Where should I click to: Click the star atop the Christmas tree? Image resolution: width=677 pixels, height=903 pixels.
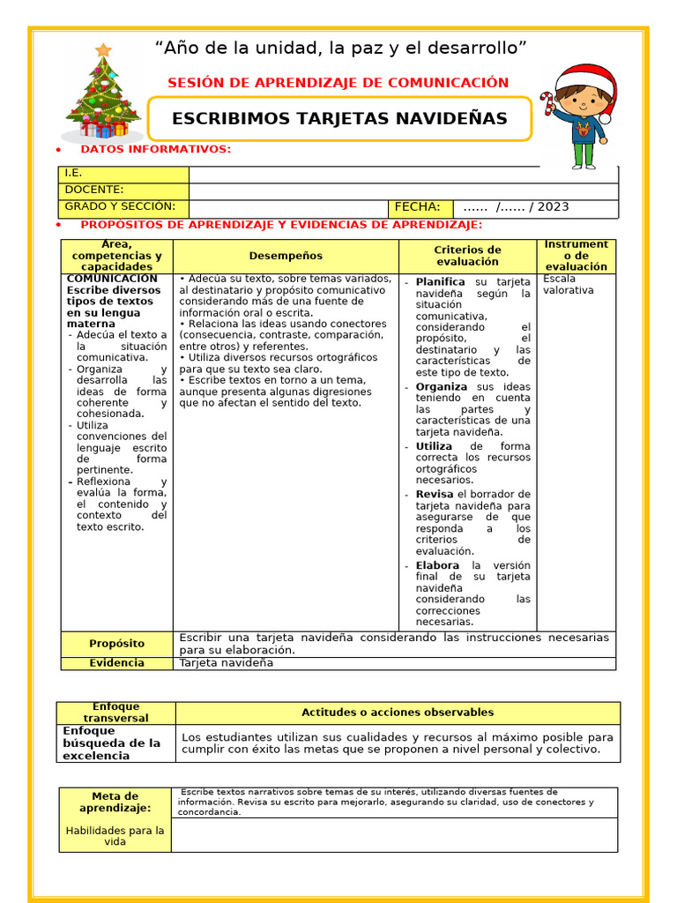click(104, 50)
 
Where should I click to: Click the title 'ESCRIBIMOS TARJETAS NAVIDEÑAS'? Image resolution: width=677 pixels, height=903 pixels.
click(339, 118)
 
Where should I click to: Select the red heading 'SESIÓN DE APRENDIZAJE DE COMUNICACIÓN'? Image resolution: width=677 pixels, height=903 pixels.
click(338, 83)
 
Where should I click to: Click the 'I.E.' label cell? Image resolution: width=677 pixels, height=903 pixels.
click(123, 174)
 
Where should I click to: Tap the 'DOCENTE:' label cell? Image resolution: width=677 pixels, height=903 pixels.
click(123, 190)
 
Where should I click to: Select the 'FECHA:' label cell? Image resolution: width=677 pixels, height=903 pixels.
click(420, 207)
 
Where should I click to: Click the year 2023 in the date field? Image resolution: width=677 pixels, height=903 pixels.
click(553, 207)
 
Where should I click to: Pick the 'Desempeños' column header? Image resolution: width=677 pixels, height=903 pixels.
click(286, 256)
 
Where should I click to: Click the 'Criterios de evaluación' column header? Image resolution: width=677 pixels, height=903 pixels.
click(467, 256)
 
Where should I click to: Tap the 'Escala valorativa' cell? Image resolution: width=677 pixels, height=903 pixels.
click(569, 284)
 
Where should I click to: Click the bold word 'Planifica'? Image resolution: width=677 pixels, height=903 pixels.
click(440, 282)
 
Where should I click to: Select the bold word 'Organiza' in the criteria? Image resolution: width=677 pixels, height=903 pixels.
click(442, 387)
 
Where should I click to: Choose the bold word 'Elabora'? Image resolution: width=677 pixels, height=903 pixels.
click(437, 565)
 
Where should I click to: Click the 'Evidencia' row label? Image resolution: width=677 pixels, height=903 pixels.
click(116, 663)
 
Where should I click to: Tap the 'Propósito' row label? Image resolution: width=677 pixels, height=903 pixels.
click(116, 644)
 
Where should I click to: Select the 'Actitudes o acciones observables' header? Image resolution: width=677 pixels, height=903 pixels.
click(398, 713)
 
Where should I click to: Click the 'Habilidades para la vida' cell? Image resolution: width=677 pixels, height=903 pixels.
click(115, 836)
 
